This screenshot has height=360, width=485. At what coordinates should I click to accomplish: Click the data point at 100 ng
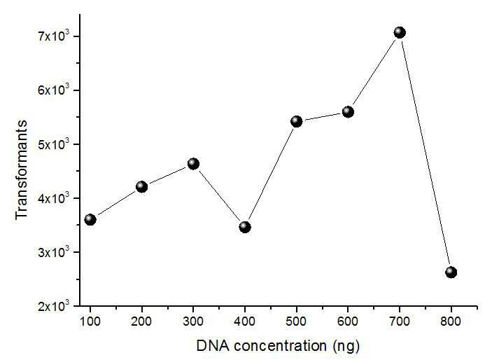click(x=90, y=220)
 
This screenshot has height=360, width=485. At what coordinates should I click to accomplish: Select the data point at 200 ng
click(x=141, y=187)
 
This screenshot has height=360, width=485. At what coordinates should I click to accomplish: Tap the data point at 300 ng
click(x=193, y=164)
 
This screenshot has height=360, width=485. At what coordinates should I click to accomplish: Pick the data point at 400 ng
click(x=245, y=227)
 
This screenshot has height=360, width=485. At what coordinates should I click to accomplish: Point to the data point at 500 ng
click(x=296, y=122)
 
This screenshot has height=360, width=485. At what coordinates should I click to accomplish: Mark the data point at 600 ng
click(x=348, y=112)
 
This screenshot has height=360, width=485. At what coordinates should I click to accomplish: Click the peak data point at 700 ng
click(x=400, y=32)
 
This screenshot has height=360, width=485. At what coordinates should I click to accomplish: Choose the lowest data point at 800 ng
click(x=451, y=272)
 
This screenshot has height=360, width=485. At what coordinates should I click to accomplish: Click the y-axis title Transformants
click(x=22, y=169)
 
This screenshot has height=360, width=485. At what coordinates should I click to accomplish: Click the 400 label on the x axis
click(x=245, y=321)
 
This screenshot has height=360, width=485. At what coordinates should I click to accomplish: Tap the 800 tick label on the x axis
click(x=451, y=321)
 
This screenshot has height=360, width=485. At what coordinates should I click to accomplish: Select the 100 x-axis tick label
click(x=90, y=321)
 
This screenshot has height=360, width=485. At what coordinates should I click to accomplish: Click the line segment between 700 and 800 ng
click(x=426, y=152)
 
